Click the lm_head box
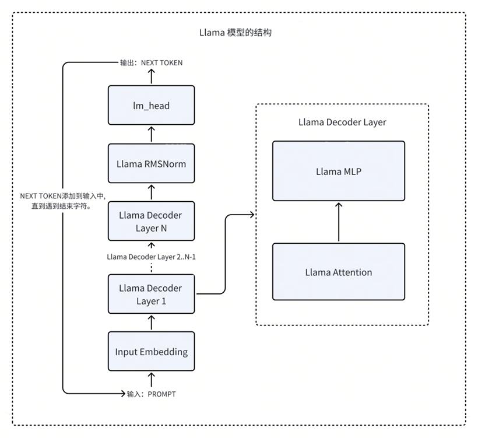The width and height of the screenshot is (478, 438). (151, 105)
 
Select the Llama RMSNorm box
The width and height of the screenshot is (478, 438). (151, 163)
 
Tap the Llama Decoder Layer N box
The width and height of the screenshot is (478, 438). (151, 221)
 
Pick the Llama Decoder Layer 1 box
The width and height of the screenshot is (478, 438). (151, 294)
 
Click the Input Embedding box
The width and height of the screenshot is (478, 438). (151, 351)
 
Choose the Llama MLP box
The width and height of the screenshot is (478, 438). (339, 171)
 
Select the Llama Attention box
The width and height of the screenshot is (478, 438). (339, 272)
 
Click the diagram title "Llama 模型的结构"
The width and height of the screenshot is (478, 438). (236, 33)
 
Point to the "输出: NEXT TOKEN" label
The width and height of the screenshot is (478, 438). (151, 63)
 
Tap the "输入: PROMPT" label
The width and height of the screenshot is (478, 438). (151, 394)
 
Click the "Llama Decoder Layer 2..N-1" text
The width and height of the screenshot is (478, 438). (151, 257)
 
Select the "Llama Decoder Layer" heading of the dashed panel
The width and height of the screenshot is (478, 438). (342, 122)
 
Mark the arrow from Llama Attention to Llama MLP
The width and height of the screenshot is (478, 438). (339, 222)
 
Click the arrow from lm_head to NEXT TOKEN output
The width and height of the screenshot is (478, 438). (152, 76)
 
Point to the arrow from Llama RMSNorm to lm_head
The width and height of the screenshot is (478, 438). (152, 135)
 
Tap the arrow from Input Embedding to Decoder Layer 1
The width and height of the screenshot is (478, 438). (152, 323)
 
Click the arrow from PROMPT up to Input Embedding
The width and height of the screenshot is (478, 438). (152, 380)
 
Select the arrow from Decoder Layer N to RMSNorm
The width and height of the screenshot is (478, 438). (152, 192)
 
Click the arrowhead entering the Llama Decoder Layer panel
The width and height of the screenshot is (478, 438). (252, 215)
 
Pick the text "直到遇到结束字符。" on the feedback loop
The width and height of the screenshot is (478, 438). (62, 206)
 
